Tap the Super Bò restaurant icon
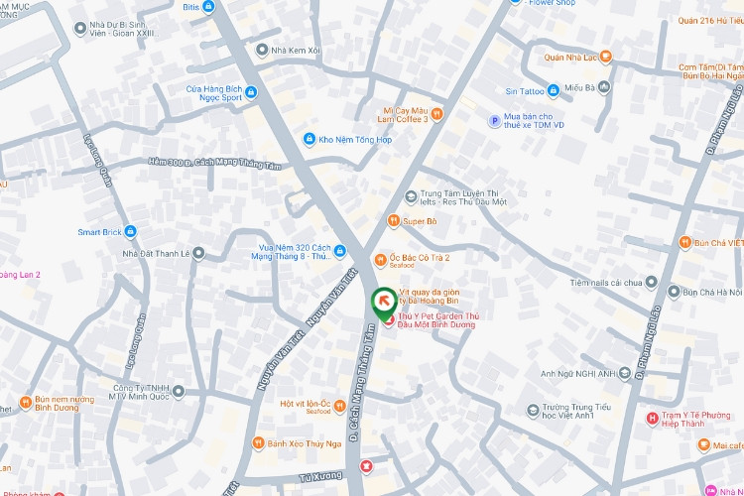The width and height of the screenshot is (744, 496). coord(394,220)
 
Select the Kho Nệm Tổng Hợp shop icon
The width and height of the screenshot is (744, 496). coord(310,139)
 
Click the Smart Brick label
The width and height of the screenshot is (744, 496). coord(98,232)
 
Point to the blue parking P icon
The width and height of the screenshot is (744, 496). coord(494,121)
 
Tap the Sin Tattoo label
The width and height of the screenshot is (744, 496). coord(525,91)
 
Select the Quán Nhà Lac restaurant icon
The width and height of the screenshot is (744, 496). coord(606,57)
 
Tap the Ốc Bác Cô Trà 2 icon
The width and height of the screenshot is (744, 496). coord(379,260)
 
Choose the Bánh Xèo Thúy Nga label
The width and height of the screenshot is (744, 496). coord(304,442)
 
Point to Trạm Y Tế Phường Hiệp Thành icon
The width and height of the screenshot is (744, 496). coord(652,419)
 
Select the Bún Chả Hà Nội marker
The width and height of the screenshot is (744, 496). coord(675,293)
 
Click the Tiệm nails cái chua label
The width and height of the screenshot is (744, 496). coord(604,283)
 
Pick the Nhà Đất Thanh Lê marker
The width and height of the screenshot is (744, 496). coord(198,253)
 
